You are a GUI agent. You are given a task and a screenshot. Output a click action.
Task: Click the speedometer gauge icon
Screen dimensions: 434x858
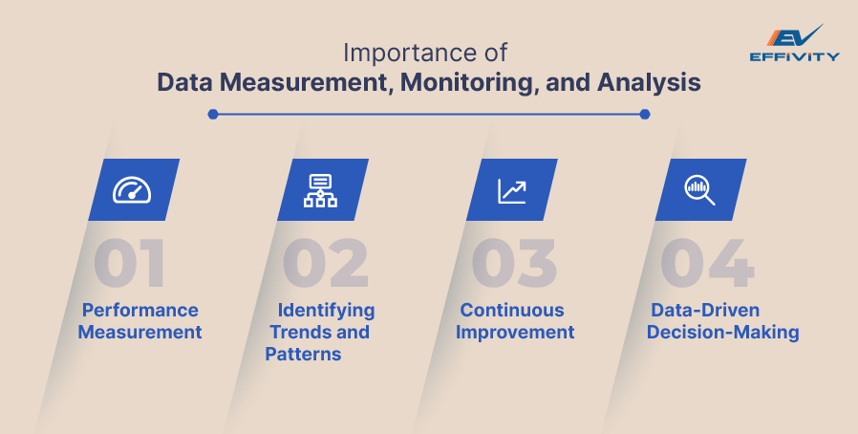pyautogui.click(x=133, y=189)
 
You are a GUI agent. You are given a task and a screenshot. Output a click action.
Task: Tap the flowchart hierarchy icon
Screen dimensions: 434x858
pyautogui.click(x=321, y=189)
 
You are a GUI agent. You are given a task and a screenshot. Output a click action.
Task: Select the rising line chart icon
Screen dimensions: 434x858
pyautogui.click(x=511, y=189)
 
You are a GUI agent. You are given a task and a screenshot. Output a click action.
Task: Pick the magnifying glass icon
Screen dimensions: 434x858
pyautogui.click(x=700, y=189)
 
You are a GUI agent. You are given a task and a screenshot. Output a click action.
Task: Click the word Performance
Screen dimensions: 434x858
pyautogui.click(x=139, y=310)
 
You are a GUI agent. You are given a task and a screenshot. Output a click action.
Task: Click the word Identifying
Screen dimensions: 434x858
pyautogui.click(x=326, y=310)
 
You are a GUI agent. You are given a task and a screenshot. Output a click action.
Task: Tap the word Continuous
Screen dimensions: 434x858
pyautogui.click(x=512, y=310)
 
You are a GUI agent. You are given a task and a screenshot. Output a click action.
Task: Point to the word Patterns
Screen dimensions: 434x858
pyautogui.click(x=304, y=354)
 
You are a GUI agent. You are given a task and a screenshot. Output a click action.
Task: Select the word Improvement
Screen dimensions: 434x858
pyautogui.click(x=515, y=332)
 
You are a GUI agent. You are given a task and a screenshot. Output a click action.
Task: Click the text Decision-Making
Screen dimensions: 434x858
pyautogui.click(x=722, y=332)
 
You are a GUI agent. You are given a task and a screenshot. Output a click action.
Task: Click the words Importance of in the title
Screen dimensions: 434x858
pyautogui.click(x=428, y=52)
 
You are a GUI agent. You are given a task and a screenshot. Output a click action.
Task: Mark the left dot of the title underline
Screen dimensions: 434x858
pyautogui.click(x=213, y=114)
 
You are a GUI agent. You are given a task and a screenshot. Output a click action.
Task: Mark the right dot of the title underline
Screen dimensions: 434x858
pyautogui.click(x=645, y=114)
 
